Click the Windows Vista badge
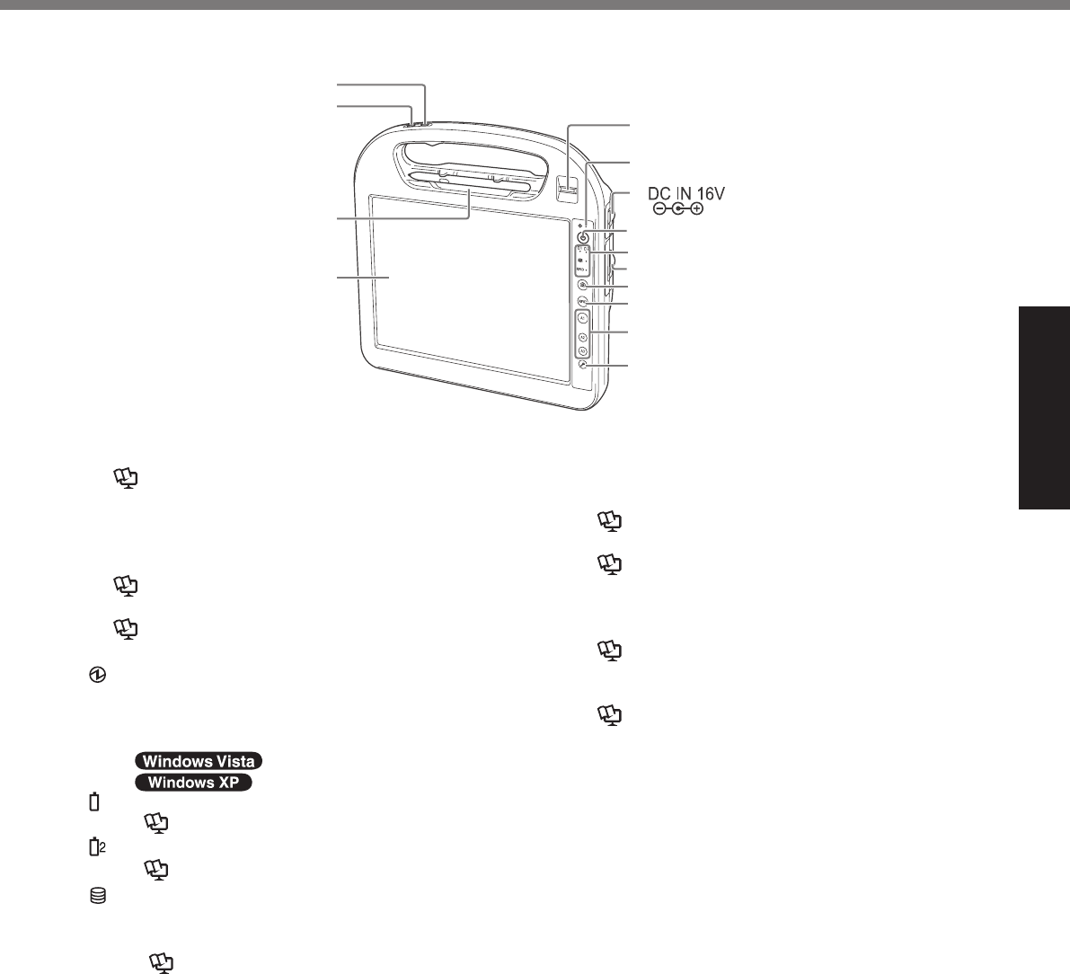(198, 761)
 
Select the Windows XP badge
(194, 784)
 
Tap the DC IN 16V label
(686, 194)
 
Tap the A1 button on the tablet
(582, 319)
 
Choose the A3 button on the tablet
(582, 351)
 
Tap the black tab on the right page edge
(1044, 409)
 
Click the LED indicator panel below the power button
(582, 260)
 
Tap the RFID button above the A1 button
(582, 302)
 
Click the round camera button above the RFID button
(582, 286)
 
